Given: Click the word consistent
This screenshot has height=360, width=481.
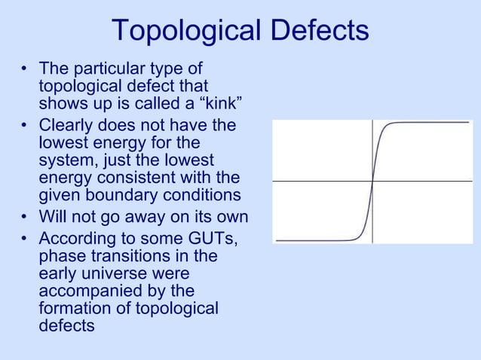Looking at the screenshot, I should (x=139, y=178).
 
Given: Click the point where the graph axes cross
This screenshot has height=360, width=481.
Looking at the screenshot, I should (x=373, y=181).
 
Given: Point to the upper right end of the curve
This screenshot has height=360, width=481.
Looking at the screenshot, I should (x=470, y=122).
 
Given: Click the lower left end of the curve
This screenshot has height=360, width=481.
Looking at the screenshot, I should (x=277, y=241).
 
